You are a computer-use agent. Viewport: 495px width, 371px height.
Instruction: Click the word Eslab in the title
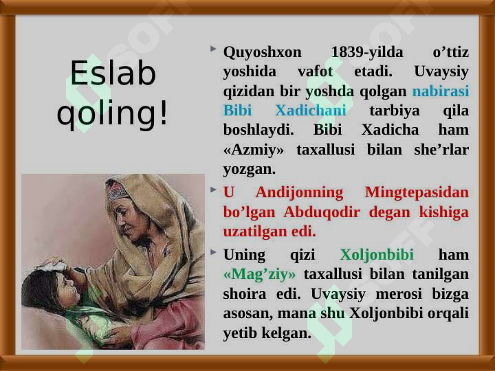[x=113, y=74]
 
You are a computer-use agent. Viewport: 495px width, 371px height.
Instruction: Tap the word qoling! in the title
[x=112, y=113]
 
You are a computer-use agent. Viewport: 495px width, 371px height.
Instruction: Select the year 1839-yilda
[x=367, y=52]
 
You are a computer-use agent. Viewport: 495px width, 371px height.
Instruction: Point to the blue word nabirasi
[x=441, y=91]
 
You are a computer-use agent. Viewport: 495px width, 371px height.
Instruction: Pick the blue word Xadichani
[x=311, y=111]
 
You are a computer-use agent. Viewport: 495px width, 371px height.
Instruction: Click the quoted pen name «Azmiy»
[x=254, y=150]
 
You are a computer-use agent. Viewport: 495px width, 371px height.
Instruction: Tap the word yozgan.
[x=249, y=170]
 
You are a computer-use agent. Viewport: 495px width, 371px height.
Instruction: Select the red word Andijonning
[x=299, y=193]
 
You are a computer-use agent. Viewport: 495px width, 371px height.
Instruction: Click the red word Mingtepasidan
[x=417, y=193]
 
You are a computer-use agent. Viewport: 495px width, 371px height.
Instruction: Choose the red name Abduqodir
[x=322, y=212]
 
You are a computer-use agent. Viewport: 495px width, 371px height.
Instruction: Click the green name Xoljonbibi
[x=377, y=255]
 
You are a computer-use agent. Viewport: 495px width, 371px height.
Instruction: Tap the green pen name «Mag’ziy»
[x=259, y=275]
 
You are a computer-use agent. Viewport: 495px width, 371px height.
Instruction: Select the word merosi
[x=399, y=295]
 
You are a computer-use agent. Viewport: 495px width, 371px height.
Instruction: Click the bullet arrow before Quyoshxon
[x=213, y=49]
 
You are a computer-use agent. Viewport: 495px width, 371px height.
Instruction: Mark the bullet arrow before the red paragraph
[x=213, y=190]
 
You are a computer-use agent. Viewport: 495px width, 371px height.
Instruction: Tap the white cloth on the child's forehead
[x=51, y=267]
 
